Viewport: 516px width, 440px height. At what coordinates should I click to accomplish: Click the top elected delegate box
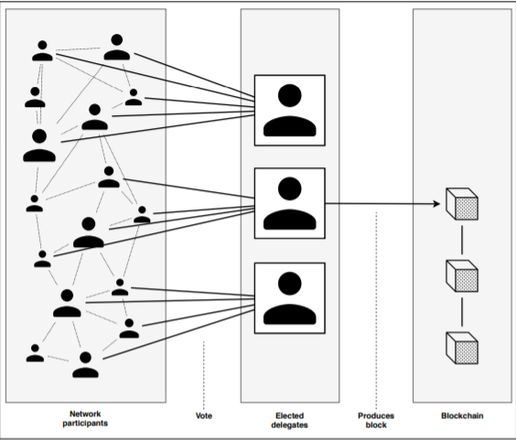(x=290, y=111)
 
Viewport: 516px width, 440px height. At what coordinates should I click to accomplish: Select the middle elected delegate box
(x=290, y=203)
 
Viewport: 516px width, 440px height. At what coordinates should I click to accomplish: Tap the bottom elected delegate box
(x=290, y=298)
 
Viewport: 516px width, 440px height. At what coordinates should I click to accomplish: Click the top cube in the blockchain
(x=462, y=204)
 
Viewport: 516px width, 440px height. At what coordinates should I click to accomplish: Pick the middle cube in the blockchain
(x=462, y=275)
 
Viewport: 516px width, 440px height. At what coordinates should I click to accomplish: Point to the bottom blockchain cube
(x=462, y=348)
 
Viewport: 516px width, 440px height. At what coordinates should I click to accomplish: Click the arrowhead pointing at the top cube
(x=436, y=204)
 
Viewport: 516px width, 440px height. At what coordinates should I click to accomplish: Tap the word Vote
(x=204, y=415)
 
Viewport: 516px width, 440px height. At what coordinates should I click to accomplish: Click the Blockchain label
(x=462, y=415)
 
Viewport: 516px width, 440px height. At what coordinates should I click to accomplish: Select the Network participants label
(x=85, y=418)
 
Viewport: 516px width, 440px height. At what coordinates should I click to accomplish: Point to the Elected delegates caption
(x=290, y=420)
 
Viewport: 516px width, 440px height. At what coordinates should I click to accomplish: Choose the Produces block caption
(x=376, y=420)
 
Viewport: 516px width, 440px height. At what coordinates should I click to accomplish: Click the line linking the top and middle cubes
(x=462, y=240)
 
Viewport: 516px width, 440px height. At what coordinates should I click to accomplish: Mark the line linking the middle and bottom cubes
(x=462, y=312)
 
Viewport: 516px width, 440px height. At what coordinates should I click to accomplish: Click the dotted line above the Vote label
(x=204, y=375)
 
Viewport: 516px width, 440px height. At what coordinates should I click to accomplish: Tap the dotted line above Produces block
(x=376, y=311)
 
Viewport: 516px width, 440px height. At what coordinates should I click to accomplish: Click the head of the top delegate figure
(x=290, y=95)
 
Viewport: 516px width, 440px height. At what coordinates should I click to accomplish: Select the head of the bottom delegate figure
(x=290, y=284)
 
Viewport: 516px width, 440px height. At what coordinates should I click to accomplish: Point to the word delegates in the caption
(x=290, y=424)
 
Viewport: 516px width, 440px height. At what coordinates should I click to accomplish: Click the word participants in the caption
(x=85, y=423)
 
